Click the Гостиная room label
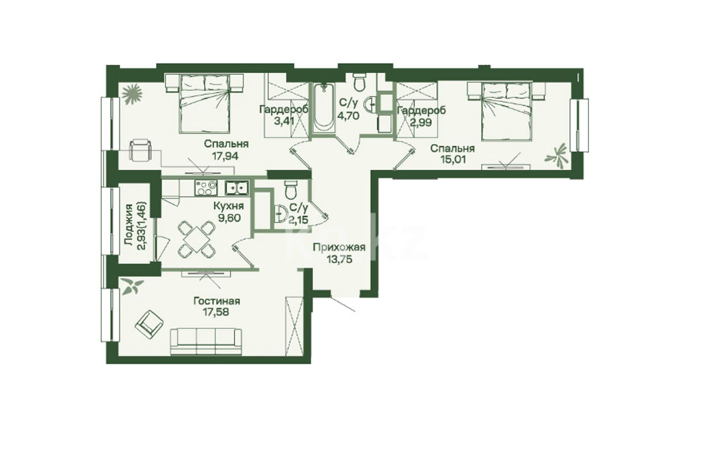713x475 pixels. [217, 301]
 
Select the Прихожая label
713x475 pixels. [339, 247]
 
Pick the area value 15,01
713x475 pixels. [452, 159]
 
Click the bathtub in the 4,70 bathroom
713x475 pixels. [323, 107]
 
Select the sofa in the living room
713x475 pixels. [207, 340]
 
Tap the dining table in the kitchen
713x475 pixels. [196, 239]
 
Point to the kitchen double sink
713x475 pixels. [237, 188]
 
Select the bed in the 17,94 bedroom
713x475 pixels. [204, 104]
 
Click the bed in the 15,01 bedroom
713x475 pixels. [506, 111]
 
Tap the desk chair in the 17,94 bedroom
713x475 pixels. [140, 150]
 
